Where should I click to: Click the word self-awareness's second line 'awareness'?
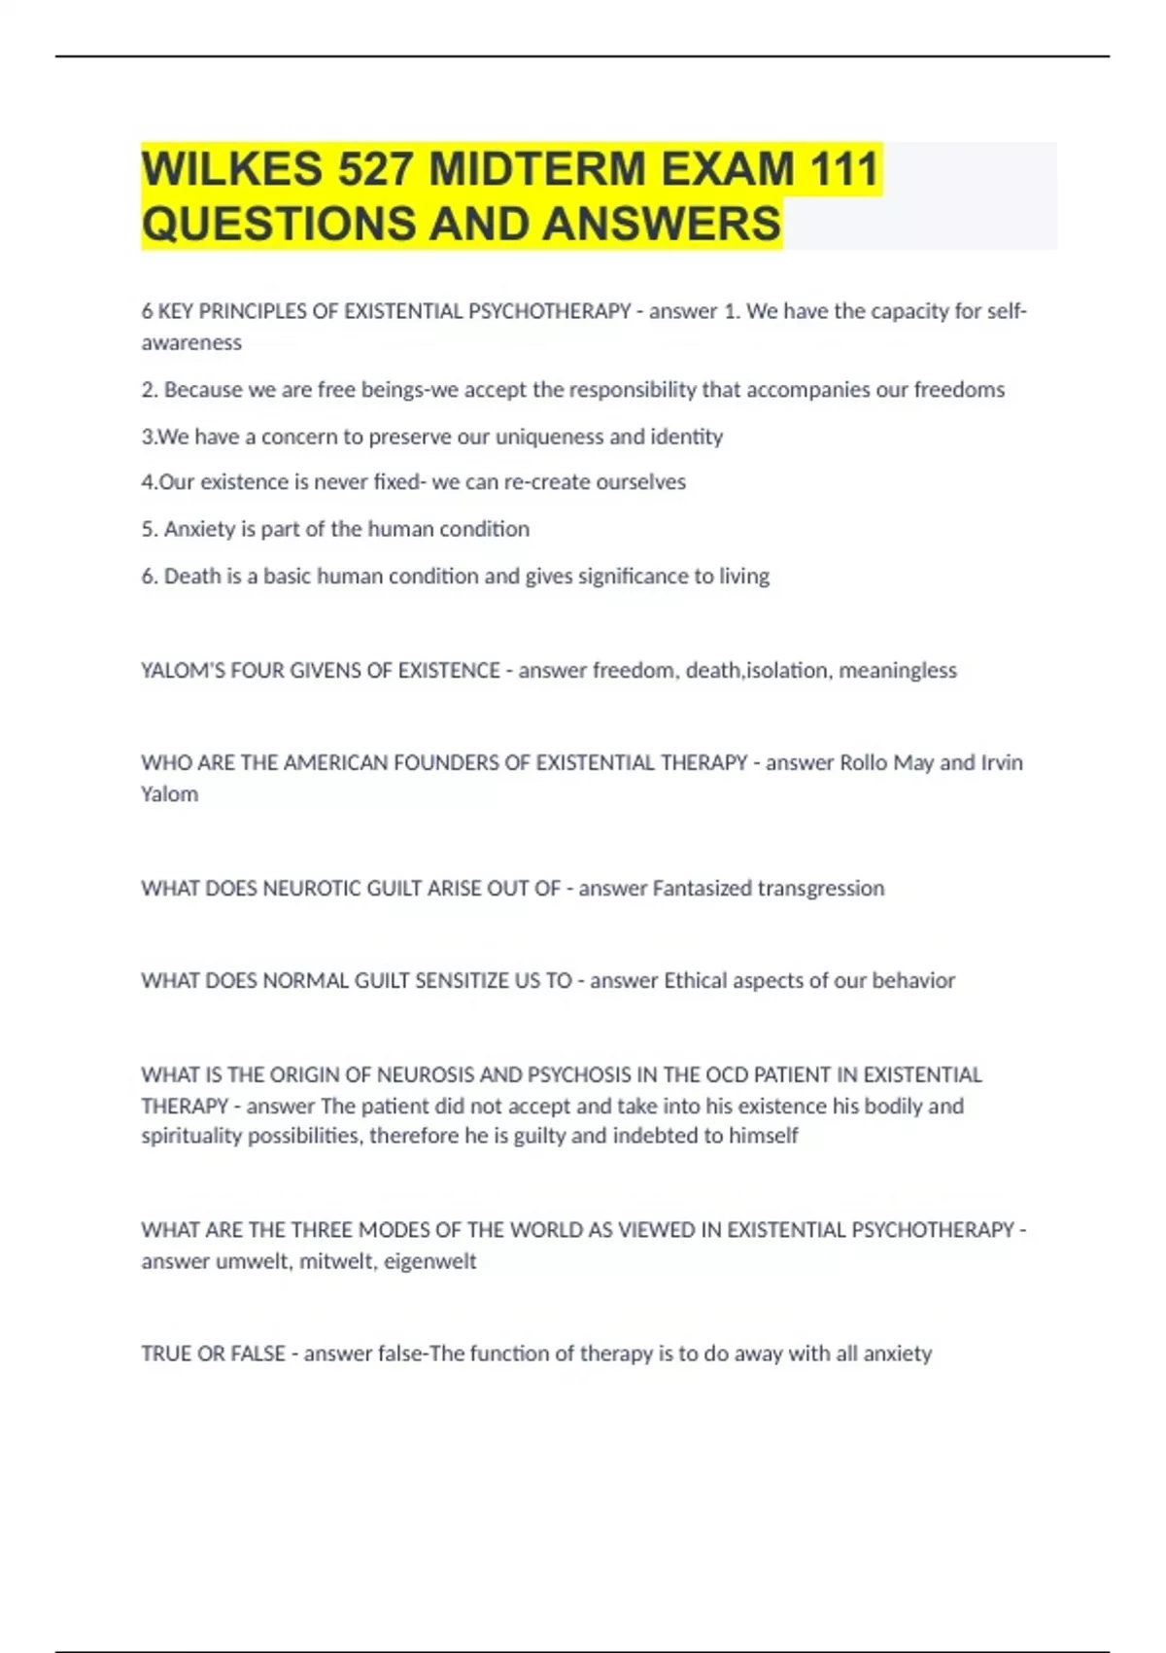click(x=191, y=342)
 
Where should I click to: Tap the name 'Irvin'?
click(x=1001, y=762)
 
